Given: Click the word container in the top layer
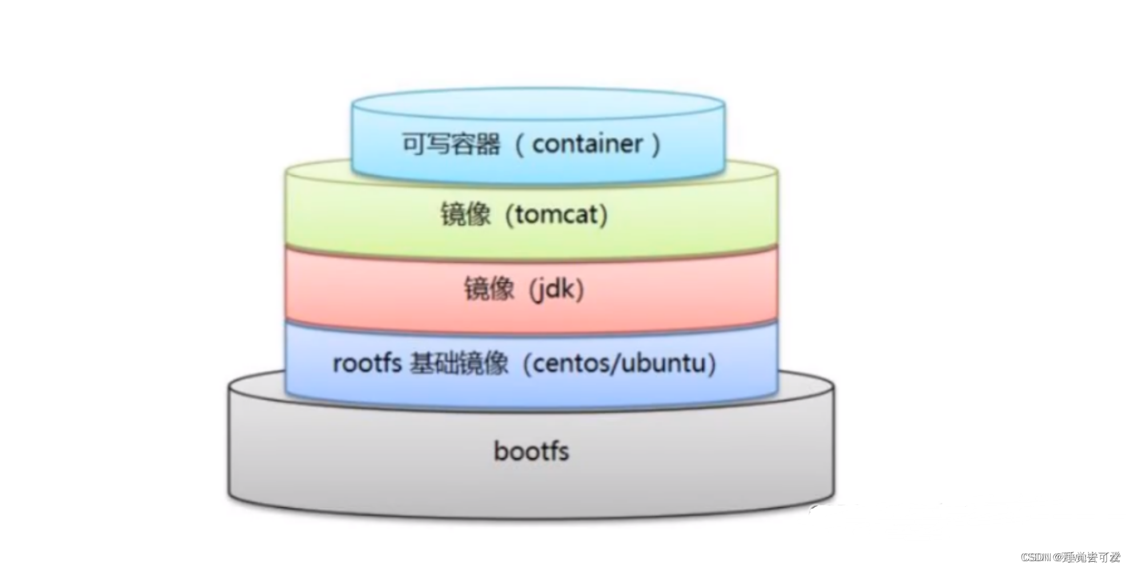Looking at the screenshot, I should click(587, 144).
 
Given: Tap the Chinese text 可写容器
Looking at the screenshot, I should click(451, 144).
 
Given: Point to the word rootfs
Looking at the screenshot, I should click(367, 363).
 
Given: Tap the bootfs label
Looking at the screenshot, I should click(531, 451).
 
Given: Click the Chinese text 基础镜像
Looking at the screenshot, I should click(459, 363).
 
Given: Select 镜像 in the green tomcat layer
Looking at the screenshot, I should click(465, 215).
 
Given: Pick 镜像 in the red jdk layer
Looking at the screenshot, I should click(489, 289).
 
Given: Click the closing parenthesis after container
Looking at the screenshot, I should click(656, 144).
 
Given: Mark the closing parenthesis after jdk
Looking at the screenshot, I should click(580, 290).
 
